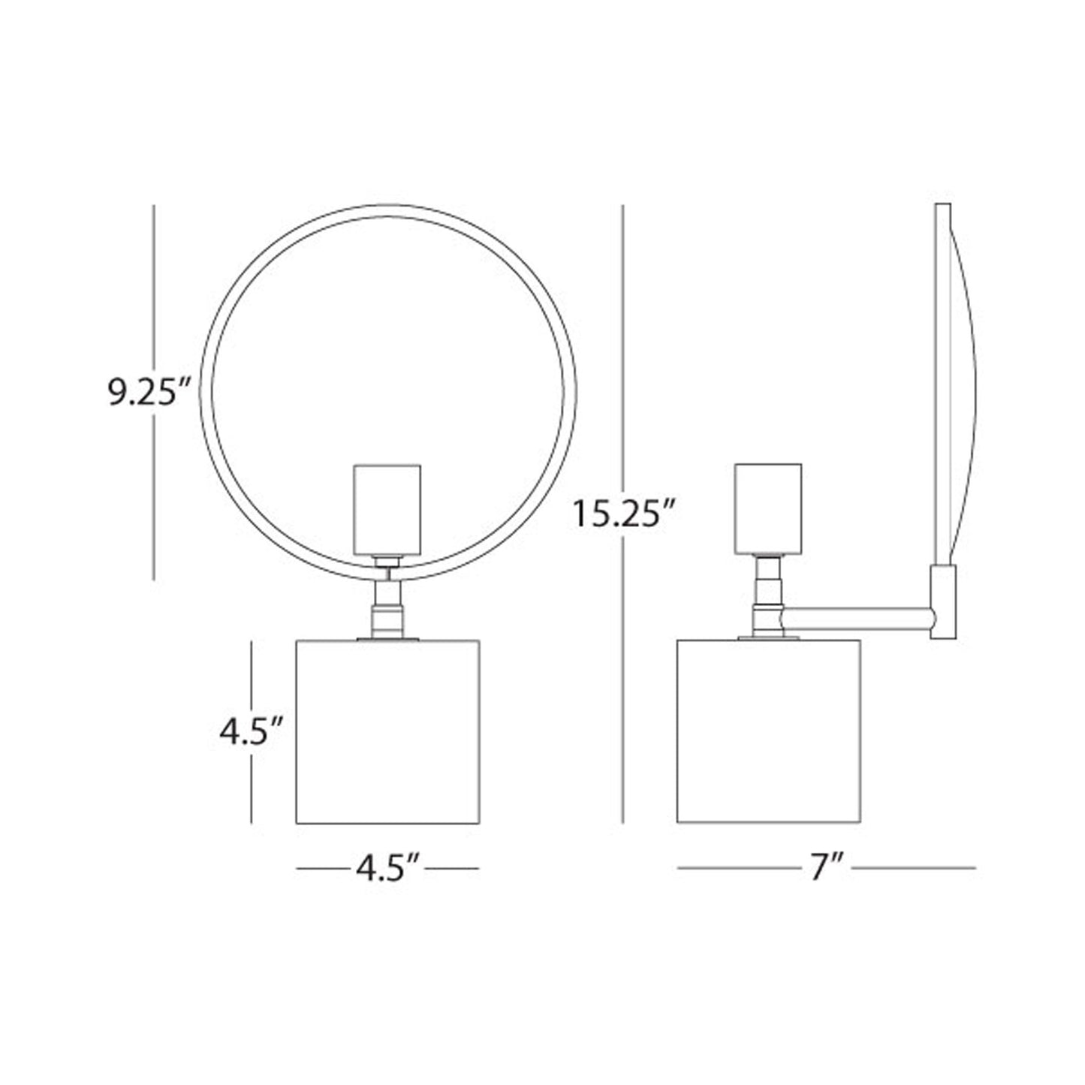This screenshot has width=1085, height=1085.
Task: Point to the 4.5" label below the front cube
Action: click(x=387, y=869)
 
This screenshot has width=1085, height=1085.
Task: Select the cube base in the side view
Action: click(x=768, y=731)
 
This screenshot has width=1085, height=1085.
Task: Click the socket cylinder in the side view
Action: click(x=768, y=508)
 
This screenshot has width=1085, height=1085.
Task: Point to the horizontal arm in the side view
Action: click(x=856, y=618)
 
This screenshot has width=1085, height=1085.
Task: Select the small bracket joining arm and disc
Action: click(x=944, y=601)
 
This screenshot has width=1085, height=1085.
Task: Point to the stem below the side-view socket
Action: click(x=768, y=597)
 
